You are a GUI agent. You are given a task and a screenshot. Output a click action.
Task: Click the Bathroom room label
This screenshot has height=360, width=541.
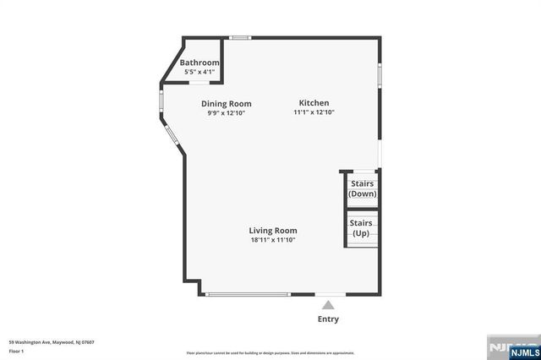(x=199, y=63)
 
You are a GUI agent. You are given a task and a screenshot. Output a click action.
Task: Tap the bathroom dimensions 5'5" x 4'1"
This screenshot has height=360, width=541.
(x=199, y=72)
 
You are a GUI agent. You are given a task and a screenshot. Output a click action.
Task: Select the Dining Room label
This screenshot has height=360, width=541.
(x=226, y=104)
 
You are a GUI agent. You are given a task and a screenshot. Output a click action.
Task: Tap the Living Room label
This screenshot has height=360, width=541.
(x=272, y=231)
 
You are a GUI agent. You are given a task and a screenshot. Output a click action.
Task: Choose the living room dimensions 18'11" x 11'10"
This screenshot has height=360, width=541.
(x=272, y=240)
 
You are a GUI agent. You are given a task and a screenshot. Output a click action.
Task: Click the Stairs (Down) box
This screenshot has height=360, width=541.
(x=362, y=188)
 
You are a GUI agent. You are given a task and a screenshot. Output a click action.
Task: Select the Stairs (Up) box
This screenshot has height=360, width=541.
(x=362, y=228)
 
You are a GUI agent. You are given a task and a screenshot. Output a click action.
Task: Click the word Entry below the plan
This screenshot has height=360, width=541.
(x=329, y=319)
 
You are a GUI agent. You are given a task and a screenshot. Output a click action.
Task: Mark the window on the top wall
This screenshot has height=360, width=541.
(x=241, y=37)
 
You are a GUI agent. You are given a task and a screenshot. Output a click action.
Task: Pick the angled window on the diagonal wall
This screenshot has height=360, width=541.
(x=172, y=136)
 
